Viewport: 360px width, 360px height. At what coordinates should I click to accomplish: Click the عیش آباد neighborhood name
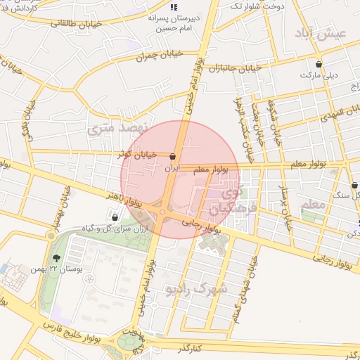330,33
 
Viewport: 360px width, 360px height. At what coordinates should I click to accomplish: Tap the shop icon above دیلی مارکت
319,64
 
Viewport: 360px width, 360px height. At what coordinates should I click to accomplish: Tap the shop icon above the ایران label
173,156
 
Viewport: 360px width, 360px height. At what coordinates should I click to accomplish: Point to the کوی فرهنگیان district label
226,199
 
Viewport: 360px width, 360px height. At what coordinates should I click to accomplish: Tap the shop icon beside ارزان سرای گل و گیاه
115,218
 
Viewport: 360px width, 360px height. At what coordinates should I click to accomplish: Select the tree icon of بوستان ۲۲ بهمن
56,258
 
